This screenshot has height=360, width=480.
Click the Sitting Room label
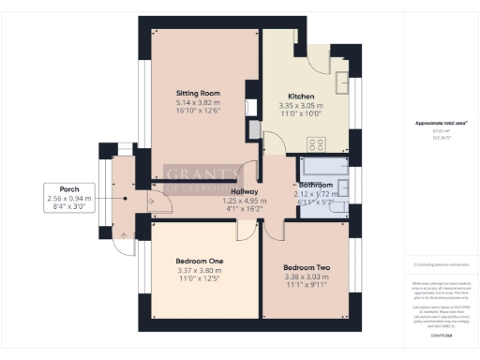point(198,94)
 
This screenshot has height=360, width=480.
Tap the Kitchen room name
point(301,97)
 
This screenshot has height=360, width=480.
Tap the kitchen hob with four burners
point(316,144)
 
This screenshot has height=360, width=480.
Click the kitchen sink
point(340,80)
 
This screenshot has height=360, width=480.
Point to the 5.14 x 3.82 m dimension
point(198,104)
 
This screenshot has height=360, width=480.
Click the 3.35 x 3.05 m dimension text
point(301,106)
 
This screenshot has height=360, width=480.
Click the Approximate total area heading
point(435,123)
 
